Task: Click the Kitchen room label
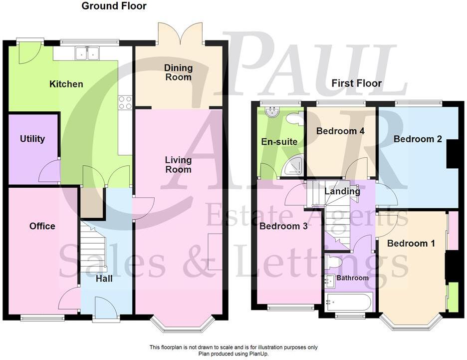click(x=66, y=84)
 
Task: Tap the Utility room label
click(x=32, y=139)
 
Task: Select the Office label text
click(x=42, y=226)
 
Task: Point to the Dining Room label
click(x=179, y=72)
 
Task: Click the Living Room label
click(x=179, y=165)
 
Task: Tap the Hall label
click(x=104, y=278)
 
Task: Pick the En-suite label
click(x=279, y=142)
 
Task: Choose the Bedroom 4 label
click(x=340, y=131)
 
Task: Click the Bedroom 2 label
click(x=418, y=139)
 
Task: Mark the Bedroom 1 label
click(x=411, y=244)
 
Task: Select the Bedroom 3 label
click(x=283, y=226)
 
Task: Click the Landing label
click(x=342, y=191)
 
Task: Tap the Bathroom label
click(x=352, y=278)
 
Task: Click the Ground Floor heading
click(x=114, y=6)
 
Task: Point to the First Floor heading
click(x=356, y=83)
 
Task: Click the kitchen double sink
click(x=88, y=52)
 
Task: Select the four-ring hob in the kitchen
click(x=125, y=102)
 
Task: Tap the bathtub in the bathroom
click(x=348, y=302)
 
